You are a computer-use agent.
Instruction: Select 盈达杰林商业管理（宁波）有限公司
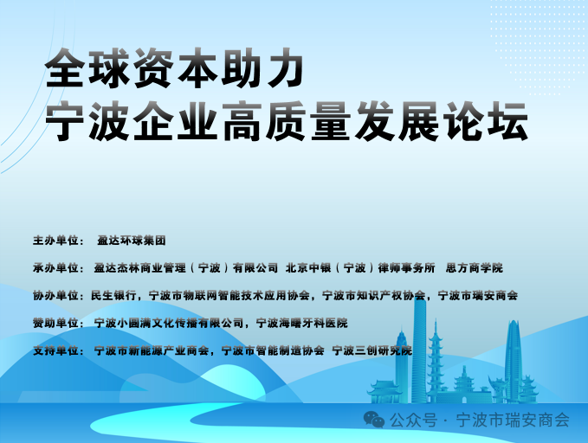tap(186, 267)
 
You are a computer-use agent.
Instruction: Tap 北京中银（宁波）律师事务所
tap(359, 267)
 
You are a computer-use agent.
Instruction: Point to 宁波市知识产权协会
tap(373, 295)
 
